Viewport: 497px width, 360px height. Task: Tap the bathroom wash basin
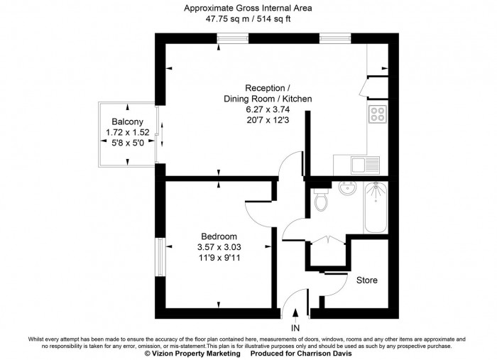(x=348, y=190)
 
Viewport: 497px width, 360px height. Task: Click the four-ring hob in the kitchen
(x=377, y=114)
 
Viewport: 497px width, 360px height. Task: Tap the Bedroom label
(x=219, y=236)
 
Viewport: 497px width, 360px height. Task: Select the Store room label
(x=367, y=280)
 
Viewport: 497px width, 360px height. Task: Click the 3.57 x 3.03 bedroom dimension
(x=219, y=247)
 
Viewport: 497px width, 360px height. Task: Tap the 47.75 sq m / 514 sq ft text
(x=248, y=19)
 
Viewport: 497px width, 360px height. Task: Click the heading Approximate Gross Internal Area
(x=248, y=9)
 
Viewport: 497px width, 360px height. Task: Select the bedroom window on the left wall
(x=160, y=256)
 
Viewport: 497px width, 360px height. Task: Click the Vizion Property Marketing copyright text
(x=192, y=353)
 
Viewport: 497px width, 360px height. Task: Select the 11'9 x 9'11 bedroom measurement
(x=219, y=258)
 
